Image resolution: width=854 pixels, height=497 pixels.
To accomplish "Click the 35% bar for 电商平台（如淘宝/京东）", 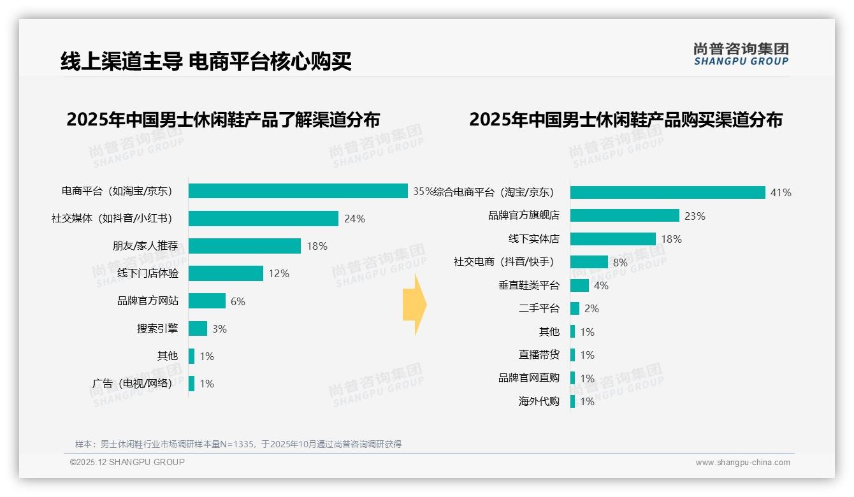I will tap(298, 191).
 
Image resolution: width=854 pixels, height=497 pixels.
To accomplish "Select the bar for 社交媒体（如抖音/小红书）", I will tap(263, 219).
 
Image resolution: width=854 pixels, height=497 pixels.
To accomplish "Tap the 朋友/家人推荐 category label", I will tap(145, 246).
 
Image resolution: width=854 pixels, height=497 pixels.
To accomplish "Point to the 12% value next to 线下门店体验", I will tap(279, 273).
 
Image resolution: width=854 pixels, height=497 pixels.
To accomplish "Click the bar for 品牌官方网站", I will tap(207, 301).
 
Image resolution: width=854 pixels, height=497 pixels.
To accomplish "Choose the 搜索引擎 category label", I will tap(157, 329).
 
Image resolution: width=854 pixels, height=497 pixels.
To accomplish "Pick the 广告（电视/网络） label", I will tap(132, 384).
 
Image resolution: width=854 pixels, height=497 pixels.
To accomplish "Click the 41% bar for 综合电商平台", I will tap(667, 192).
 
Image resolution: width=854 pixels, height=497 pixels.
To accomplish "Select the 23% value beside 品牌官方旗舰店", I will tap(695, 216).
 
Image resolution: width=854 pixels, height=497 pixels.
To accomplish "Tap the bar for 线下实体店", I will tap(612, 239).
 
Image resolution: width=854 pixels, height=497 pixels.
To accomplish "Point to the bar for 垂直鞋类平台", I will tap(579, 285).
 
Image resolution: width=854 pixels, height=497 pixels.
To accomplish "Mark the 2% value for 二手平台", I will tap(591, 308).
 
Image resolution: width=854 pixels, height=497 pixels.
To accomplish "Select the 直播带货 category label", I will tap(539, 355).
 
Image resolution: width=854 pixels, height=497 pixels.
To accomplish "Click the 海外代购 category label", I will tap(539, 401).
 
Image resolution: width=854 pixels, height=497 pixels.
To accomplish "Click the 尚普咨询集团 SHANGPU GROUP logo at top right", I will tap(741, 54).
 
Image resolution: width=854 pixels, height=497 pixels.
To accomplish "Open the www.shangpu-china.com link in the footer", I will tap(742, 463).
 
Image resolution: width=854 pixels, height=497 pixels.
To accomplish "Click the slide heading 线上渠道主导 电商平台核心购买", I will tap(206, 62).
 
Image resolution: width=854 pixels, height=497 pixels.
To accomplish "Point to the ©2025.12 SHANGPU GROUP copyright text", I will tap(127, 462).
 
